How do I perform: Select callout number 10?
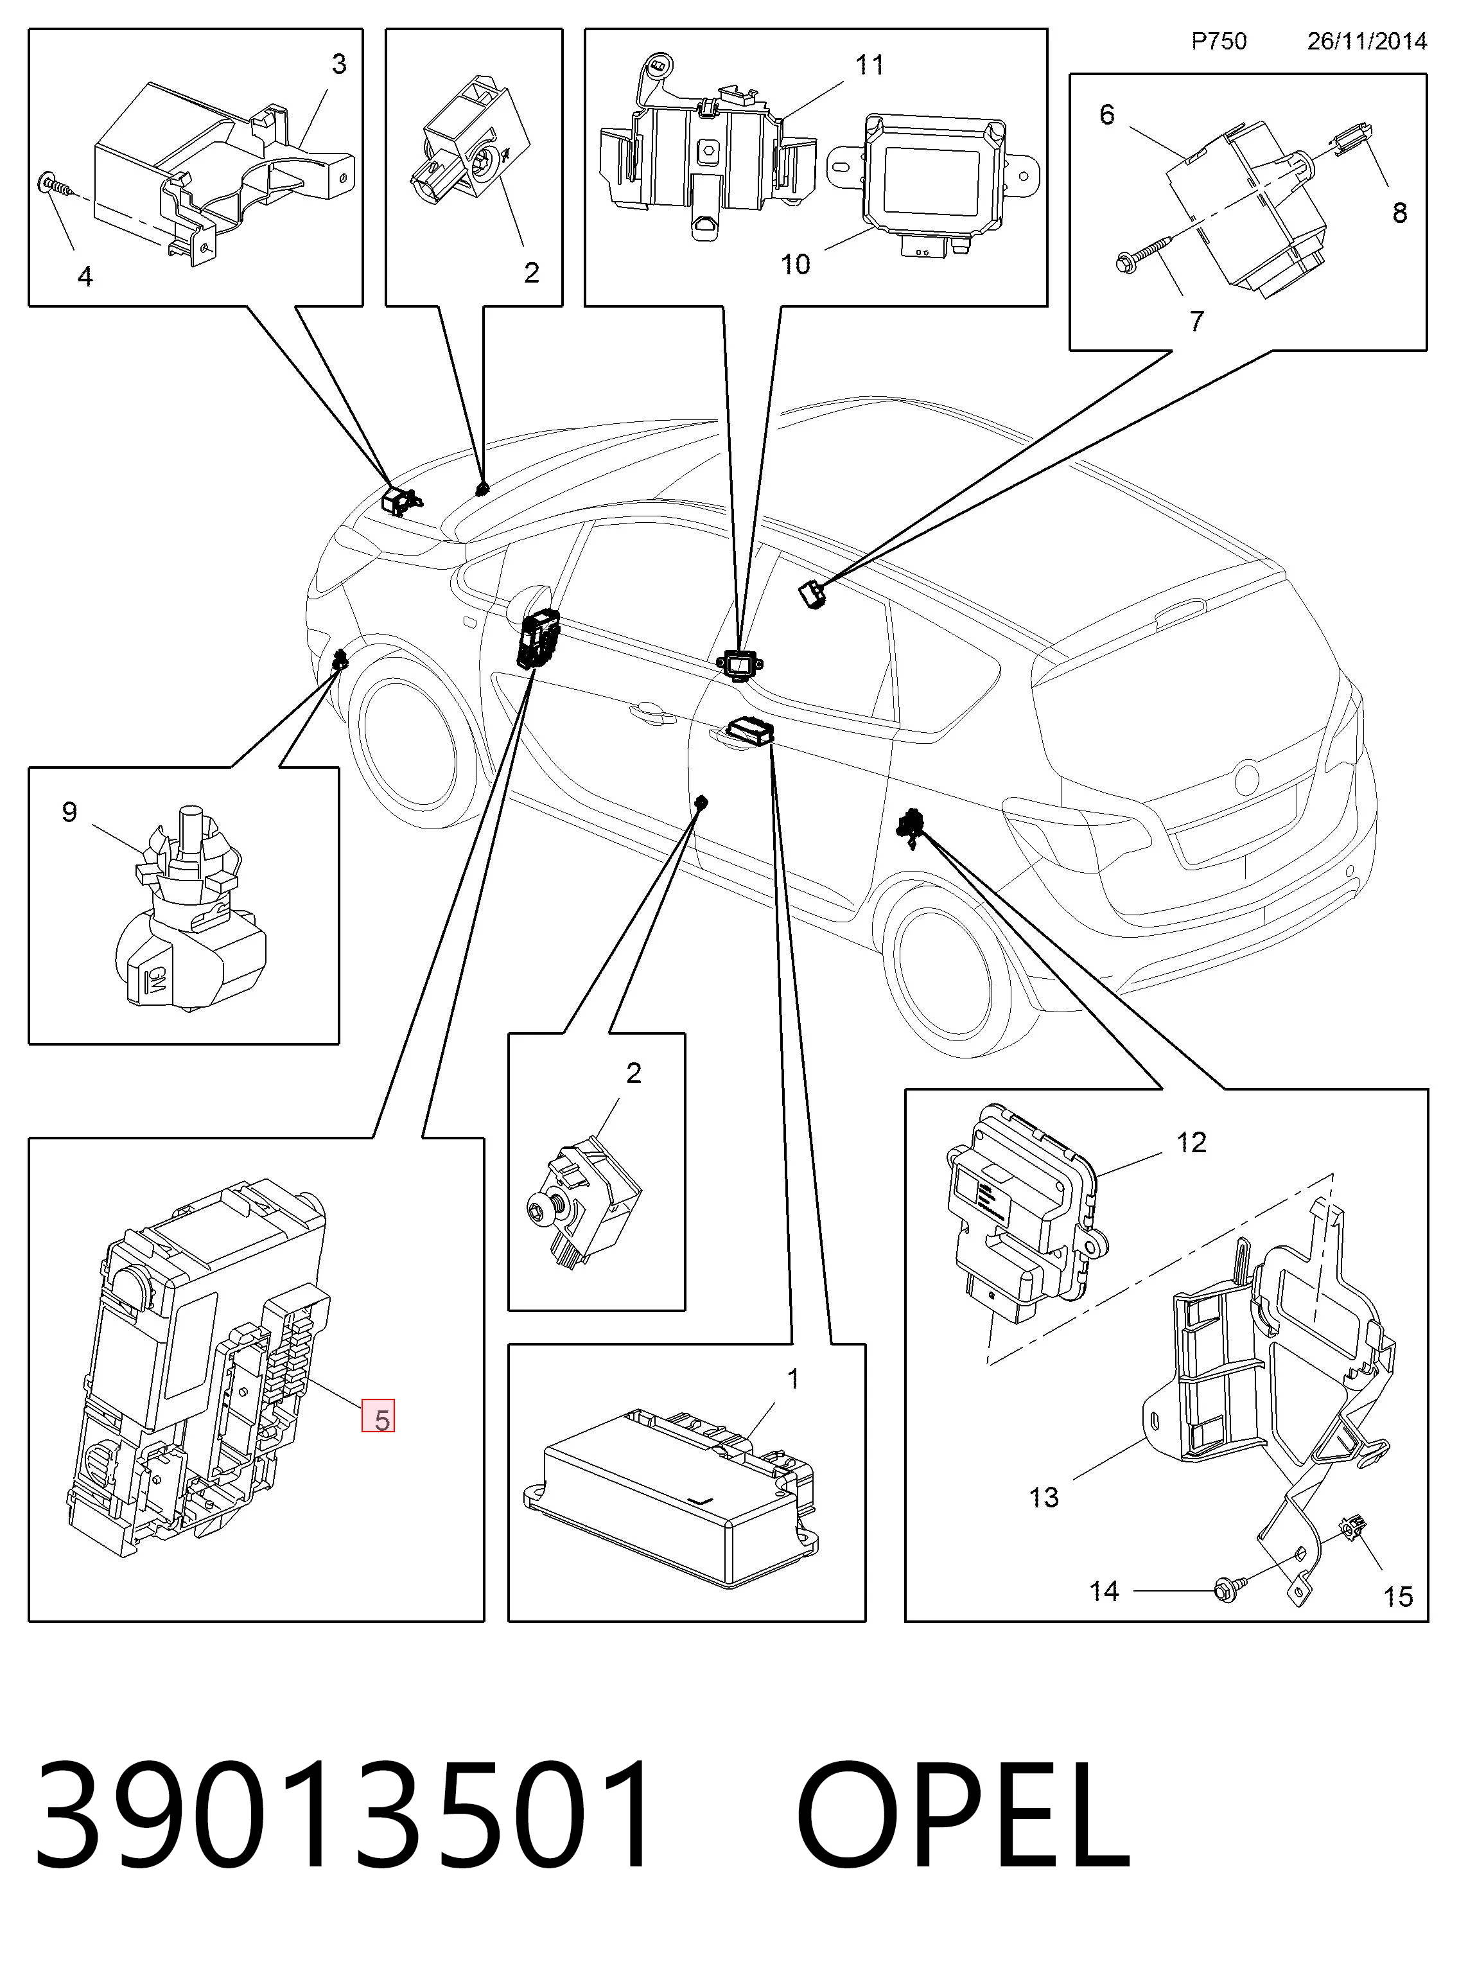pos(795,264)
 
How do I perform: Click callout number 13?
pos(1044,1497)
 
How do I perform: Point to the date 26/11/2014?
pos(1367,42)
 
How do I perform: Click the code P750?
pos(1219,42)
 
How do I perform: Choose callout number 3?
pos(339,64)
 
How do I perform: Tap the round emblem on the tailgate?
pos(1245,777)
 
